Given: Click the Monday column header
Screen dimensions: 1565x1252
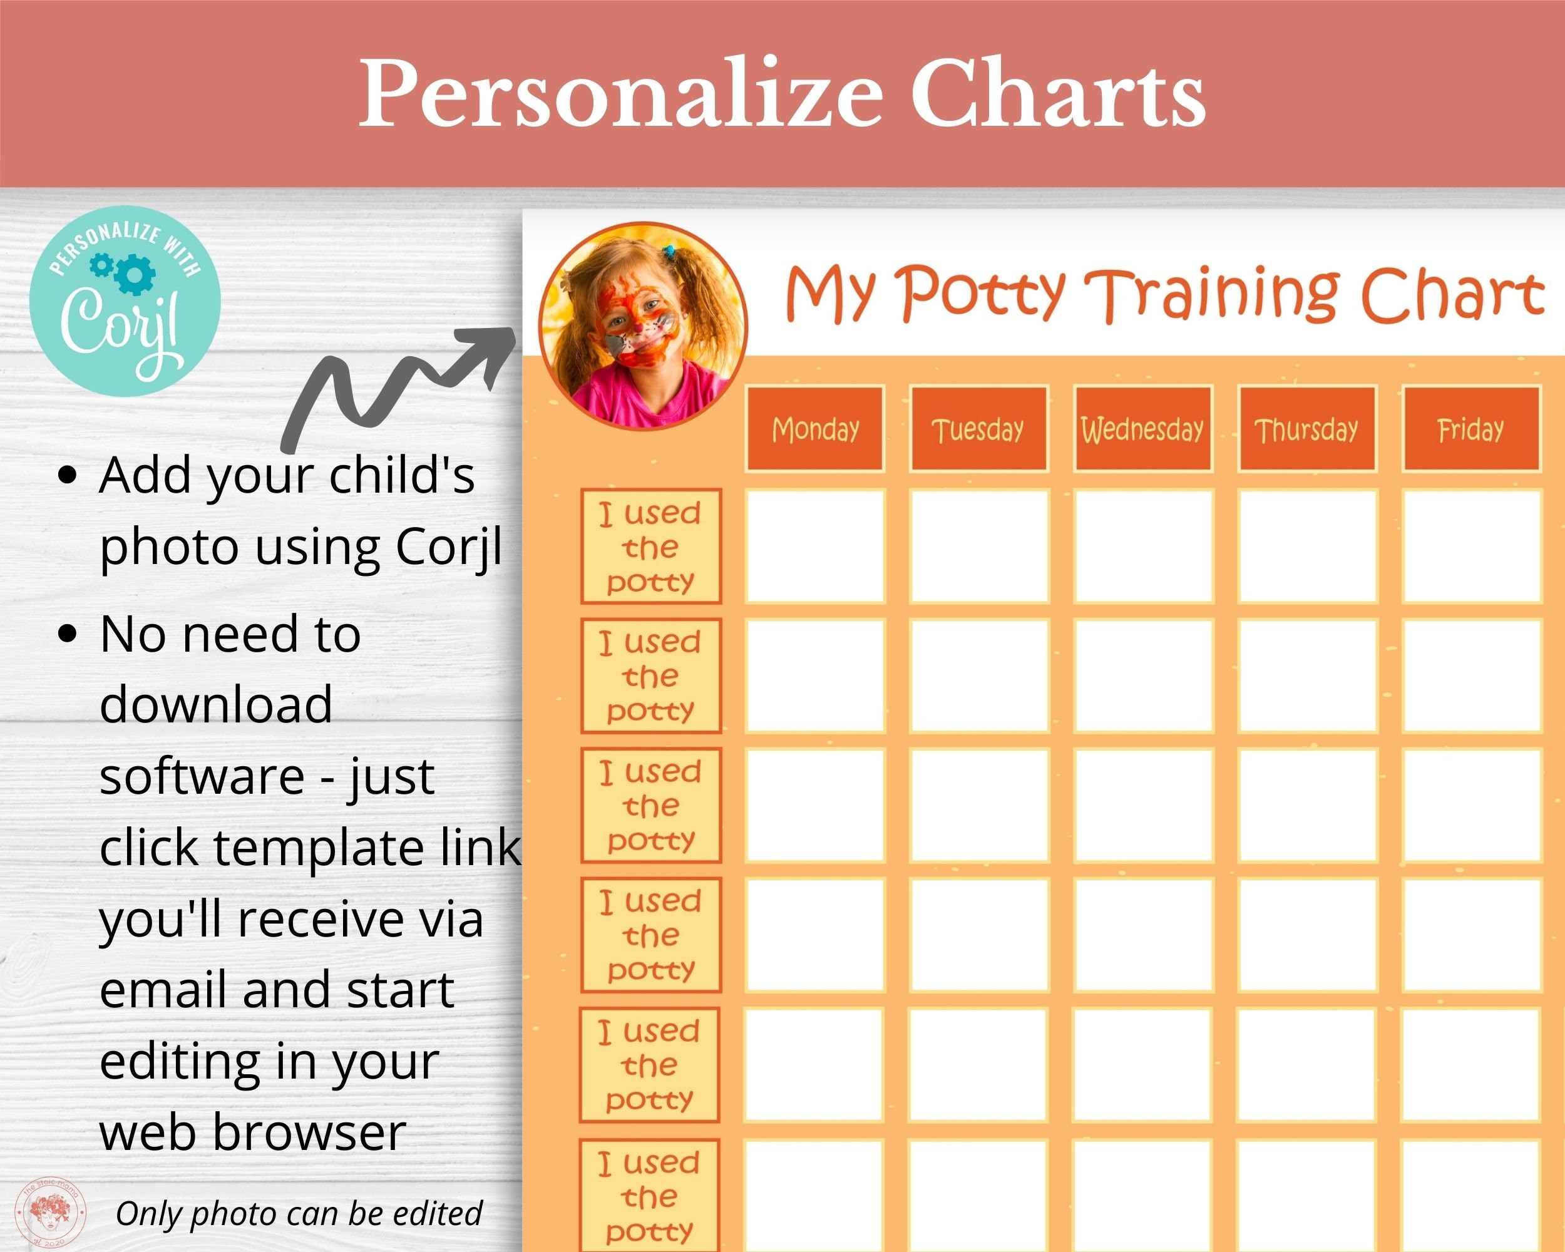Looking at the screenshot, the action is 814,429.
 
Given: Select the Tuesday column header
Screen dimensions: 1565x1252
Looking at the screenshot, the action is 978,429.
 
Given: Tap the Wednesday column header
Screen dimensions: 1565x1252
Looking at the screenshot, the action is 1142,429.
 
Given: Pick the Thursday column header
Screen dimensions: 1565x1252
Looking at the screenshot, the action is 1306,429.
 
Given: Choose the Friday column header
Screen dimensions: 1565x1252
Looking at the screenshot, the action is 1470,429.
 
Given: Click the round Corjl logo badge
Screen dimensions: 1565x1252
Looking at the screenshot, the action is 125,300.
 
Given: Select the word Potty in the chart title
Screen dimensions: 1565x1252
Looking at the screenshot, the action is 983,294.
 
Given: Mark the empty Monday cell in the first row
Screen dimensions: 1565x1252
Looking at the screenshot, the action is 815,546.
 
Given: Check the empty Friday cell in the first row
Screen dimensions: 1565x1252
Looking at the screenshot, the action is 1471,546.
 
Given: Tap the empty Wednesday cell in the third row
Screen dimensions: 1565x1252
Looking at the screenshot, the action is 1143,805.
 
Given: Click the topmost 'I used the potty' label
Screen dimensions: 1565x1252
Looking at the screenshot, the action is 650,546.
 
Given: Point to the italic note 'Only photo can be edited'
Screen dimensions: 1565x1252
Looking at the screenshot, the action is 299,1213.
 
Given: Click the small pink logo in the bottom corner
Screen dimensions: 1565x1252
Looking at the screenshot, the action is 54,1211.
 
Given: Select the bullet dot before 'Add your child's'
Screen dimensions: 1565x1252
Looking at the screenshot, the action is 68,475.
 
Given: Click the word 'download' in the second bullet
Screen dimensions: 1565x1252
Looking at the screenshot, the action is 215,703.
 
